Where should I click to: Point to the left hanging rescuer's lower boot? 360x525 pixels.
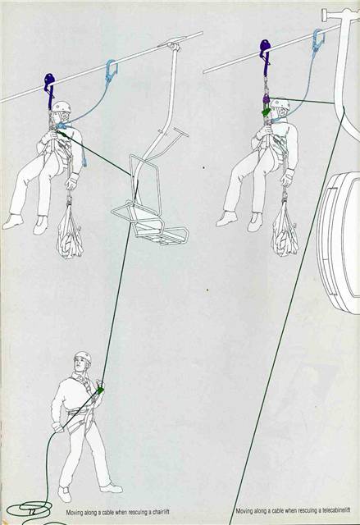click(x=13, y=221)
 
